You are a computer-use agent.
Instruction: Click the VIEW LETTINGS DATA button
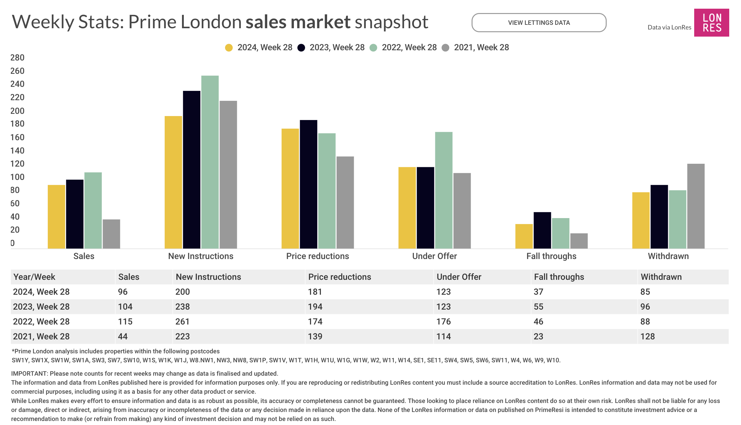tap(539, 23)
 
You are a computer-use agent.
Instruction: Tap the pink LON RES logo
tap(712, 23)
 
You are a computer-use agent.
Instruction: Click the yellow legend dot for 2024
tap(229, 48)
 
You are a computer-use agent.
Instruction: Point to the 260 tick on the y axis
tap(17, 71)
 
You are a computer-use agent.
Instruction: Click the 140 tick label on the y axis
tap(17, 151)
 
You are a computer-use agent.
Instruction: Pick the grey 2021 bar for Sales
tap(111, 234)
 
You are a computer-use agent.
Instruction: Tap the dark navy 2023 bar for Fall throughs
tap(542, 230)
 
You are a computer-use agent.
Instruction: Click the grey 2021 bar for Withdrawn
tap(696, 206)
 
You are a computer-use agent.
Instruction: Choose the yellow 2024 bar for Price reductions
tap(290, 188)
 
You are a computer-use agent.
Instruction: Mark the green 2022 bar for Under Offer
tap(444, 190)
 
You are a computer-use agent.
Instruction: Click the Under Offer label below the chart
tap(434, 256)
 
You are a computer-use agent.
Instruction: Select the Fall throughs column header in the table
tap(559, 277)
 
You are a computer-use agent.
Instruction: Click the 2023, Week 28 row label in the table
tap(41, 307)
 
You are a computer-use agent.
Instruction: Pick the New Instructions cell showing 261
tap(183, 322)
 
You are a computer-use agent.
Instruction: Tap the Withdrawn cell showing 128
tap(648, 337)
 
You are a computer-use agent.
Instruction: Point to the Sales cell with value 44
tap(123, 337)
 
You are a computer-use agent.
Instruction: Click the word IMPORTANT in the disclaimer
tap(29, 374)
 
